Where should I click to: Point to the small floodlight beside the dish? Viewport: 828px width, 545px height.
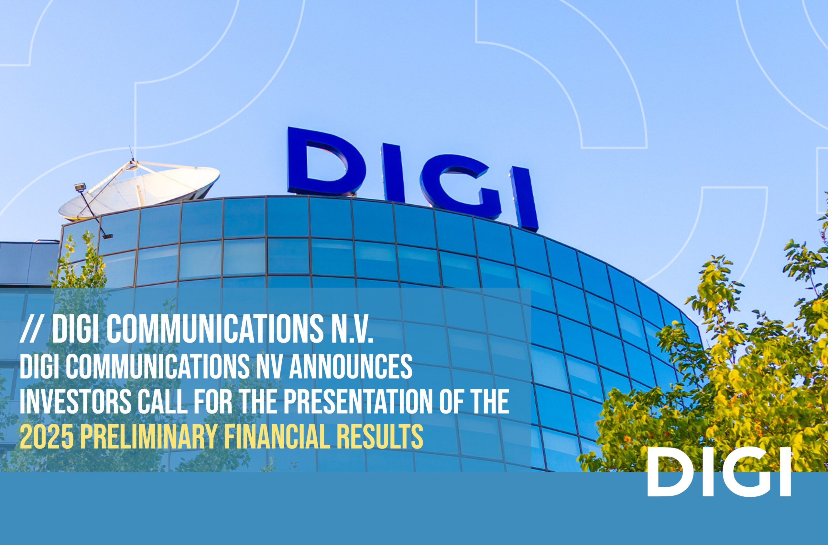click(x=79, y=188)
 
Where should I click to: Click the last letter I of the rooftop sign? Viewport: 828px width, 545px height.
click(x=524, y=199)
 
